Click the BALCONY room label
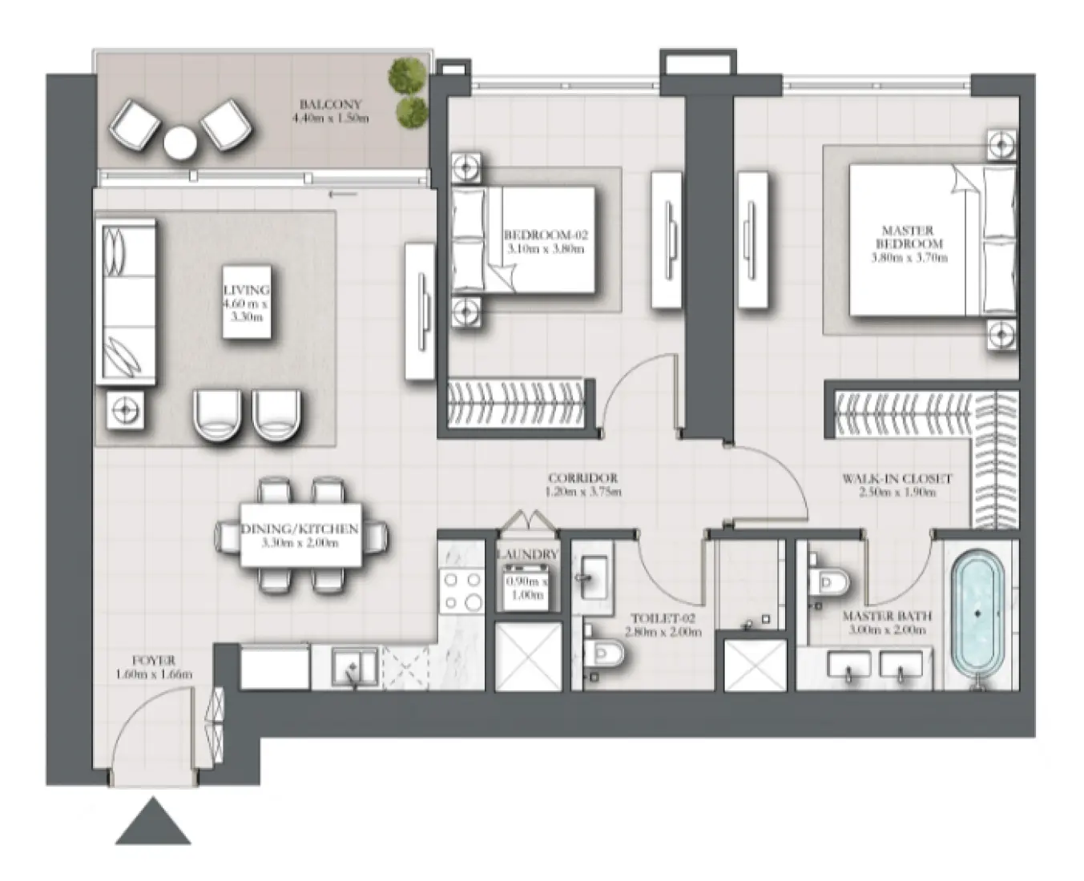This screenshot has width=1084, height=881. (330, 105)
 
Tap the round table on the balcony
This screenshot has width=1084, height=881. (179, 144)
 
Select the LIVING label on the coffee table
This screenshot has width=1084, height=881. (247, 290)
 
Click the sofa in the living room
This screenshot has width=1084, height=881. (126, 301)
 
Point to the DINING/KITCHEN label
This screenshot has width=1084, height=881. (300, 529)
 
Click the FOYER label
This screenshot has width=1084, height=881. (154, 662)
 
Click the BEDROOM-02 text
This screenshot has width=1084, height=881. (546, 235)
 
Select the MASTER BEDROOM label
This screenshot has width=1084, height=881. (909, 237)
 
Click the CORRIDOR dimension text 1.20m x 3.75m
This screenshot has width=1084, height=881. (583, 492)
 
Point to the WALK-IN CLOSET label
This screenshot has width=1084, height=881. (897, 479)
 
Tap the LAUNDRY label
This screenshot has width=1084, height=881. (526, 554)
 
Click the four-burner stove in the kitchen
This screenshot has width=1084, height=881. (462, 592)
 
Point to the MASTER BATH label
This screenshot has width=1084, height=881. (887, 617)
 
